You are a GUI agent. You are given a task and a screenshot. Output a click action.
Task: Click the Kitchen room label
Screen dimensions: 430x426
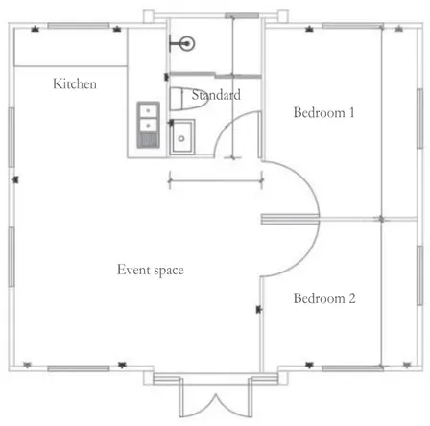[75, 83]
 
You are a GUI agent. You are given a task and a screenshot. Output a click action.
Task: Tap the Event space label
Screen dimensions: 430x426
[151, 270]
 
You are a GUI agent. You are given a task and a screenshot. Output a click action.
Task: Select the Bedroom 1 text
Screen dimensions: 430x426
[323, 112]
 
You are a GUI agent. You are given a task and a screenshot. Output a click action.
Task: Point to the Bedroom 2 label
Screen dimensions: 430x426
[324, 298]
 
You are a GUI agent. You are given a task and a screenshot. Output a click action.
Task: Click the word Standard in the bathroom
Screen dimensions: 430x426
[216, 95]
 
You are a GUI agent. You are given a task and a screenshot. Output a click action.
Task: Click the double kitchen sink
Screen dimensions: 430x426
[148, 125]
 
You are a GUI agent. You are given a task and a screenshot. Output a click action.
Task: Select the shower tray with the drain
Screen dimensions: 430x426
[181, 137]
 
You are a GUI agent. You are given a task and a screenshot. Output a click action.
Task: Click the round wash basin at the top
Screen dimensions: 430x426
[187, 43]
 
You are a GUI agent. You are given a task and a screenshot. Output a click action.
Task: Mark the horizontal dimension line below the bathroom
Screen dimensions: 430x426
[216, 181]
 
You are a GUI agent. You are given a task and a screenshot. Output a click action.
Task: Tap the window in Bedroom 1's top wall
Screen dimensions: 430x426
[352, 26]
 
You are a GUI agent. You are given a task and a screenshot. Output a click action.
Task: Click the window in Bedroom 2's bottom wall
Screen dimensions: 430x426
[352, 368]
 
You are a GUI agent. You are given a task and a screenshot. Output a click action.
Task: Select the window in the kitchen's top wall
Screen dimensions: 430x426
[79, 26]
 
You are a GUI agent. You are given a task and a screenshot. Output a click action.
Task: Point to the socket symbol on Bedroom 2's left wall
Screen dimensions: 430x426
[259, 309]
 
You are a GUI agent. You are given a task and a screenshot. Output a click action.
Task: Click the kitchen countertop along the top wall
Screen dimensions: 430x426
[71, 47]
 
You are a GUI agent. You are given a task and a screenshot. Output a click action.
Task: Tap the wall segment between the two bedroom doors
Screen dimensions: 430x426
[290, 220]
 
